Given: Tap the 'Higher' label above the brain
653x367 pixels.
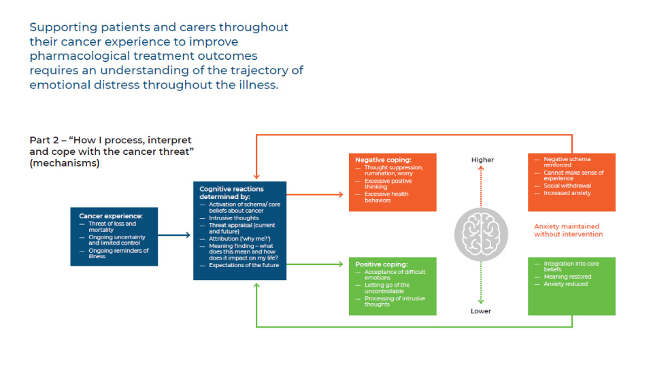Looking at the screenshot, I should (482, 160).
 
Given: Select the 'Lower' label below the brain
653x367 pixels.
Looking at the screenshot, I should (480, 311).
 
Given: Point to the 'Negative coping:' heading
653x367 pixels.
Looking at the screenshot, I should (383, 160).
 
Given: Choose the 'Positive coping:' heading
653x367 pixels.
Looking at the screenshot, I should (381, 264).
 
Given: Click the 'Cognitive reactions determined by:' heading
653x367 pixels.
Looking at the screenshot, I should (231, 192).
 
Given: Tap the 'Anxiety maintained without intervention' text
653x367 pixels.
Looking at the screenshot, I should (567, 230).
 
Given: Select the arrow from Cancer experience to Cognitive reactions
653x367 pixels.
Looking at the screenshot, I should (174, 236).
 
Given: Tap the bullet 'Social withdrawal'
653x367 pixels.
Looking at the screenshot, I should (567, 186).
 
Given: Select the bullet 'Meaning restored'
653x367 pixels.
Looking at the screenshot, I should (567, 277).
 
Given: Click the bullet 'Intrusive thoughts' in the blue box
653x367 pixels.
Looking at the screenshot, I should (233, 218).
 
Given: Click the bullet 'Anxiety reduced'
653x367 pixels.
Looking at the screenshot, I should (565, 284).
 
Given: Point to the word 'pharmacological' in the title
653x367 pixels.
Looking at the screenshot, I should (75, 56).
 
